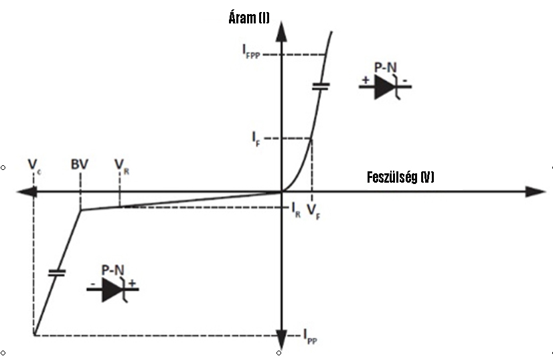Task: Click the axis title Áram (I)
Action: [249, 17]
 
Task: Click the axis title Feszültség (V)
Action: [400, 177]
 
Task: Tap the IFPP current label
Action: [251, 52]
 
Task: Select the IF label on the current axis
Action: [256, 139]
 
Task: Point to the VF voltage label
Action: [313, 211]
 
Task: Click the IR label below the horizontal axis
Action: [296, 210]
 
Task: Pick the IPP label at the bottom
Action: [311, 337]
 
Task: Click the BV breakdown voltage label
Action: [80, 165]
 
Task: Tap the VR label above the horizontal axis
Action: [122, 167]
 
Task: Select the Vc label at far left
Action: [34, 166]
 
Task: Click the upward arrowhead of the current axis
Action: [281, 31]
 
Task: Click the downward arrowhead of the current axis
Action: [281, 340]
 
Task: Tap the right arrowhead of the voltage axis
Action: [536, 192]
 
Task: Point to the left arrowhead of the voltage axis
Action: [27, 192]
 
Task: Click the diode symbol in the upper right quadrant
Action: [385, 87]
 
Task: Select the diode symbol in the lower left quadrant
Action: [113, 290]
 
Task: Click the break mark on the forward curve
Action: [321, 86]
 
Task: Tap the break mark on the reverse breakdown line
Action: [57, 272]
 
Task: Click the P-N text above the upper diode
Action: [385, 68]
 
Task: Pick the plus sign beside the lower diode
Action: [132, 283]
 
